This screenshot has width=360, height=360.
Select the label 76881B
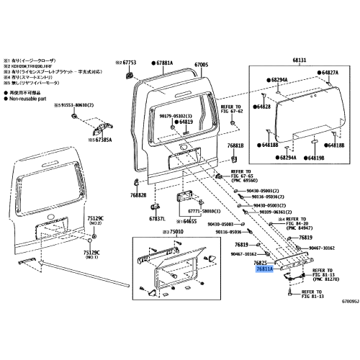(x=236, y=145)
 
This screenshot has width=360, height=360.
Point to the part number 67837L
(x=157, y=218)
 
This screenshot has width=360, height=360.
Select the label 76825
(x=263, y=264)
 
